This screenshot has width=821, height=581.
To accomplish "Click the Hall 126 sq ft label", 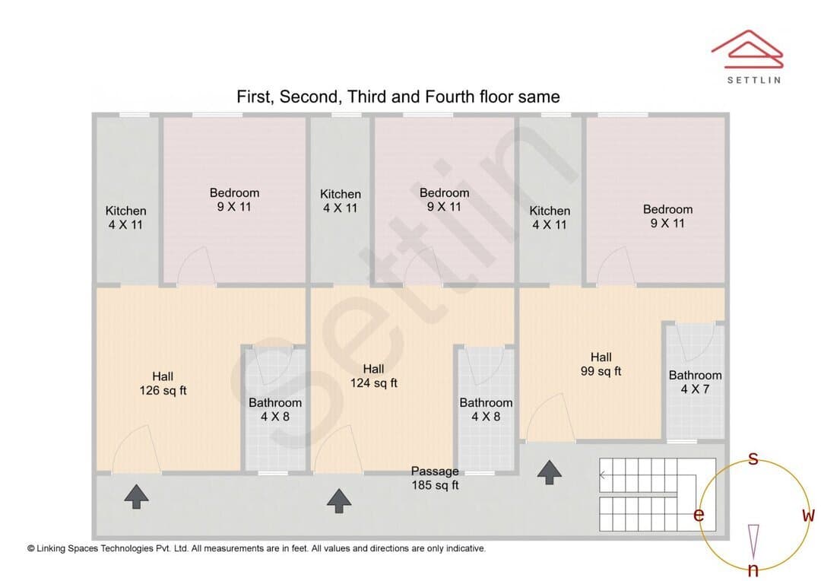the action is tap(163, 383).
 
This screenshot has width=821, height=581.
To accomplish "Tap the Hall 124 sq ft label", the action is tap(373, 376).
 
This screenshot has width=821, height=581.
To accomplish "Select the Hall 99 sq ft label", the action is tap(601, 364).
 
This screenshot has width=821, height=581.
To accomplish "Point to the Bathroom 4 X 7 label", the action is tap(695, 382).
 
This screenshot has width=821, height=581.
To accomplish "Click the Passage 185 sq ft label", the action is tap(435, 478).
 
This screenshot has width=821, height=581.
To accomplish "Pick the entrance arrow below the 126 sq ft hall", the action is tap(136, 496).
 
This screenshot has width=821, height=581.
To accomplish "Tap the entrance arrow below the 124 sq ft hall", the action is tap(339, 501).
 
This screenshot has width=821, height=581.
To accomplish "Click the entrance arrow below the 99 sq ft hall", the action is tap(550, 472).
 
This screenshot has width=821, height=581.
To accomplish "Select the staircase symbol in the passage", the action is tap(657, 494).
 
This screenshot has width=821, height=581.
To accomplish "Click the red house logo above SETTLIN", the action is tap(747, 49).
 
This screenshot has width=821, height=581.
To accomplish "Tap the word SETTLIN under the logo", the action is tap(754, 80).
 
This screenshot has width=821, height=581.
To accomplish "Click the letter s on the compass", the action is tap(753, 459).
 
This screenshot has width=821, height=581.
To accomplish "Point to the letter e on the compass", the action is tap(699, 515).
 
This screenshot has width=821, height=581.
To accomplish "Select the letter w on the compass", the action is tap(808, 515).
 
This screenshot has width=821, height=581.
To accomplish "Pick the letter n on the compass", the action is tap(753, 569).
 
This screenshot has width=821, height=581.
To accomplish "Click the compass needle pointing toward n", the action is tap(753, 541).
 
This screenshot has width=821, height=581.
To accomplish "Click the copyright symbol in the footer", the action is tap(31, 548).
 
